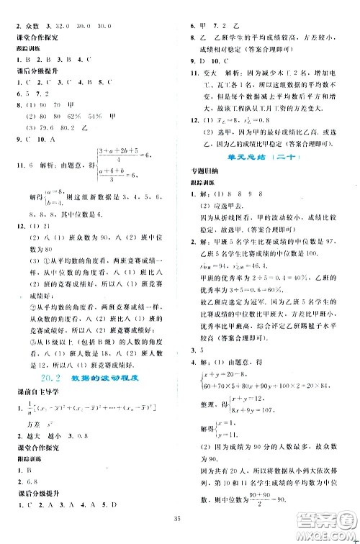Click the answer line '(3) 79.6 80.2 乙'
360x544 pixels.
(58, 126)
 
